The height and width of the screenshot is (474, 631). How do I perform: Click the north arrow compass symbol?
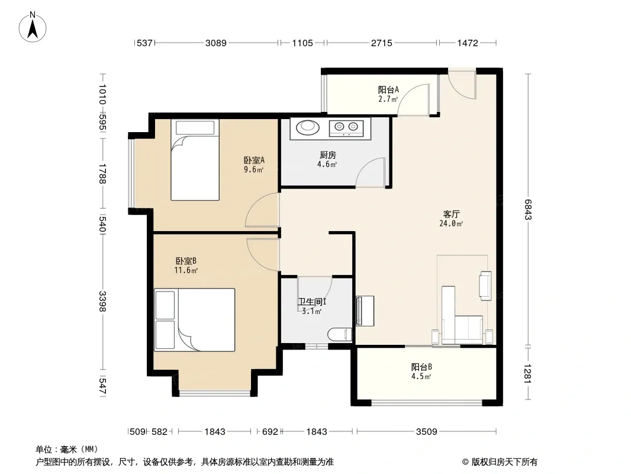tap(33, 27)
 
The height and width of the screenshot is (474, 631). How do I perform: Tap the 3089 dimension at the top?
tap(216, 43)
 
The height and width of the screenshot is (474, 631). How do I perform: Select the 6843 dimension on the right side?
tap(529, 209)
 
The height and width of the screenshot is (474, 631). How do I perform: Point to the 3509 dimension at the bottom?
tap(427, 432)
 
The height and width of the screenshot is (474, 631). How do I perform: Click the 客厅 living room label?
tap(451, 214)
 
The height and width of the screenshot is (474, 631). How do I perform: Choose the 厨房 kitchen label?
tap(327, 155)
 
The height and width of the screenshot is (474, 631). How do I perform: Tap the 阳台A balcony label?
tap(388, 90)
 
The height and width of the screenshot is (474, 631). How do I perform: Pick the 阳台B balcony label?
tap(421, 367)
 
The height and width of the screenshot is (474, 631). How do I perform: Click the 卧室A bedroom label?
tap(254, 161)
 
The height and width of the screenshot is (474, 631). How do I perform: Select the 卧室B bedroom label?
tap(186, 261)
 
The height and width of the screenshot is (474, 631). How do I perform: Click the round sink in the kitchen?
tap(308, 127)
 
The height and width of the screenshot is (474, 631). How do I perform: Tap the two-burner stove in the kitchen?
tap(346, 127)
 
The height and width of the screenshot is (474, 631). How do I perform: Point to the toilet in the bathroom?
tap(340, 335)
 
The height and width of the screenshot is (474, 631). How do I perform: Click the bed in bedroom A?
tap(195, 159)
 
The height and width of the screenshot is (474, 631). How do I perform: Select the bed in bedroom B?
tap(194, 320)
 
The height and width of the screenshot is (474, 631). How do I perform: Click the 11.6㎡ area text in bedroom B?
tap(186, 271)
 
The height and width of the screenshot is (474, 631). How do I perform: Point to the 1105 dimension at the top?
tap(302, 43)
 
